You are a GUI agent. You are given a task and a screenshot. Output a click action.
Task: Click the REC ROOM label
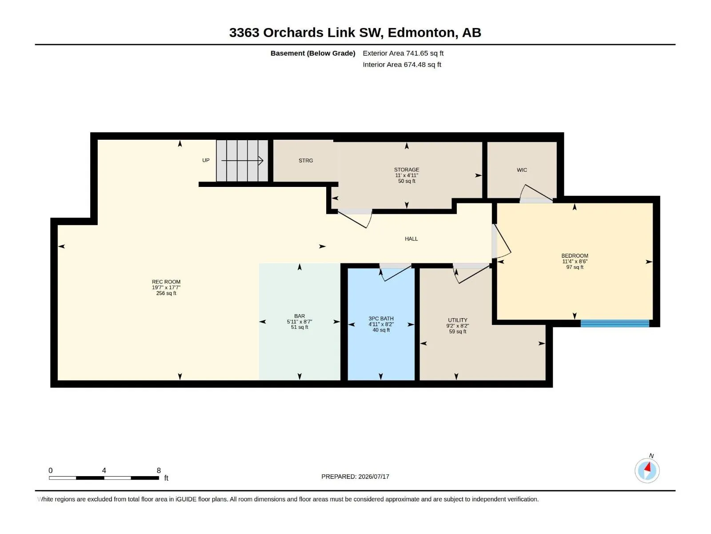[166, 282]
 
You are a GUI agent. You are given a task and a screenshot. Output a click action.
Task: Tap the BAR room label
[300, 316]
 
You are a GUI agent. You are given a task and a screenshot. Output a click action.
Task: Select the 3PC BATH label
[381, 319]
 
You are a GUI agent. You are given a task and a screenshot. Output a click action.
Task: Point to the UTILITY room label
[457, 320]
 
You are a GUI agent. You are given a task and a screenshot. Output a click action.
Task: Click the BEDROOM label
[575, 256]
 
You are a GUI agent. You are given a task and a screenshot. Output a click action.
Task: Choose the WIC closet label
[522, 170]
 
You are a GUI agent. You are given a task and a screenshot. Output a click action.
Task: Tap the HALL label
[411, 239]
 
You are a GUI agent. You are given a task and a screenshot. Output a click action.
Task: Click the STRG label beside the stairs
[306, 161]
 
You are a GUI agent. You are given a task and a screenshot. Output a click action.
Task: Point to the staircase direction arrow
[242, 161]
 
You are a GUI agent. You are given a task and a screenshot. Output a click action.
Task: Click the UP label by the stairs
[206, 160]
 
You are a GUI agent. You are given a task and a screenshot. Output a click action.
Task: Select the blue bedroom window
[615, 323]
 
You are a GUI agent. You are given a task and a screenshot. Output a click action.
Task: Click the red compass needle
[647, 467]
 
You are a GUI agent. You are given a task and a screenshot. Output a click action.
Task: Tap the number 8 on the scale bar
[159, 470]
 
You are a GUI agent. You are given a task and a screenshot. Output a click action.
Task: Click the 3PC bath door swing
[395, 273]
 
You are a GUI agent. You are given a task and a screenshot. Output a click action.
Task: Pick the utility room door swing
[471, 275]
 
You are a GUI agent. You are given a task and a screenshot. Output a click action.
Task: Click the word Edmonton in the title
[423, 32]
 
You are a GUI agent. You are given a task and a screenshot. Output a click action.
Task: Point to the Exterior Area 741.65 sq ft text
[403, 53]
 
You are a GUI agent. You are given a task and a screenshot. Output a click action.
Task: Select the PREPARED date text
[355, 477]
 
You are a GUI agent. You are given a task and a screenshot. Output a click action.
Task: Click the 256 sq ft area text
[166, 293]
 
